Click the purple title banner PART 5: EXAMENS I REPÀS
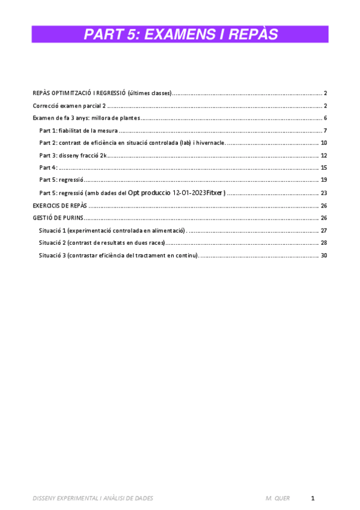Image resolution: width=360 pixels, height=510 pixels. pos(180,35)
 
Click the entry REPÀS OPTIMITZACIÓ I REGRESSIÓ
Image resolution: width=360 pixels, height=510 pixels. pos(102,93)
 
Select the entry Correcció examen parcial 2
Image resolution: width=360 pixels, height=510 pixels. pos(69,105)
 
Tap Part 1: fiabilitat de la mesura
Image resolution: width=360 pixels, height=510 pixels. pos(78,131)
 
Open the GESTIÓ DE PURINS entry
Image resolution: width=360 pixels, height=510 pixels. pos(58,218)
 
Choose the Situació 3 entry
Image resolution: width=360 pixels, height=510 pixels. pos(118,256)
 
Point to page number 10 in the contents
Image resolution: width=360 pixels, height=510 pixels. pos(324,143)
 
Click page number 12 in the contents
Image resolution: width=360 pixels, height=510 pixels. pos(324,155)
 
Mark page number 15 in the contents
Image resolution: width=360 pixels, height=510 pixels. pos(324,168)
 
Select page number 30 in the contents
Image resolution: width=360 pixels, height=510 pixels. pos(324,256)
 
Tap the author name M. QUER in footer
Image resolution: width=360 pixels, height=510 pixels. pos(277,499)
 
